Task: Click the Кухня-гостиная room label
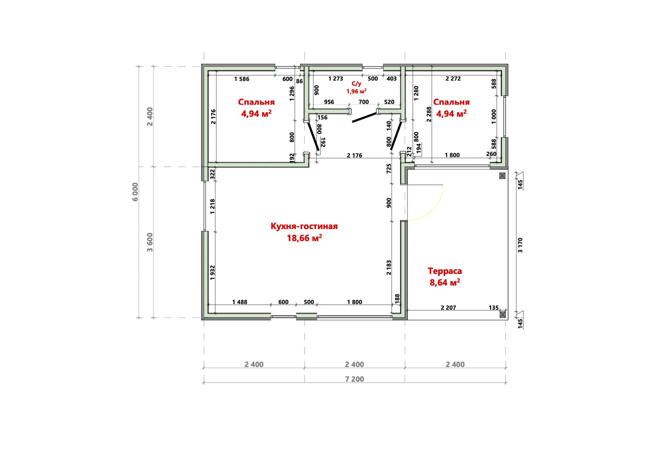(304, 226)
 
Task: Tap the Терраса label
(444, 271)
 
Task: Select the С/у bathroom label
(356, 84)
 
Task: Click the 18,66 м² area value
(304, 238)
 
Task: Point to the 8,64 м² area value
(444, 282)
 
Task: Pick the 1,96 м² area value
(356, 91)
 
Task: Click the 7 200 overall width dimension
(355, 379)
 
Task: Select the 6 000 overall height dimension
(135, 192)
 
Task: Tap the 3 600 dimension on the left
(150, 242)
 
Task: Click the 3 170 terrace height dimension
(520, 245)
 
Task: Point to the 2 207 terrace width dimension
(448, 308)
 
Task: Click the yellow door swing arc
(434, 211)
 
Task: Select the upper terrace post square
(502, 176)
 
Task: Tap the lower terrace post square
(502, 314)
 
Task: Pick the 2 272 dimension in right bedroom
(453, 79)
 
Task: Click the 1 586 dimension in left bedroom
(242, 79)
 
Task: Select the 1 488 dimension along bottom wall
(240, 302)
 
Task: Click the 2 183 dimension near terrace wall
(389, 267)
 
